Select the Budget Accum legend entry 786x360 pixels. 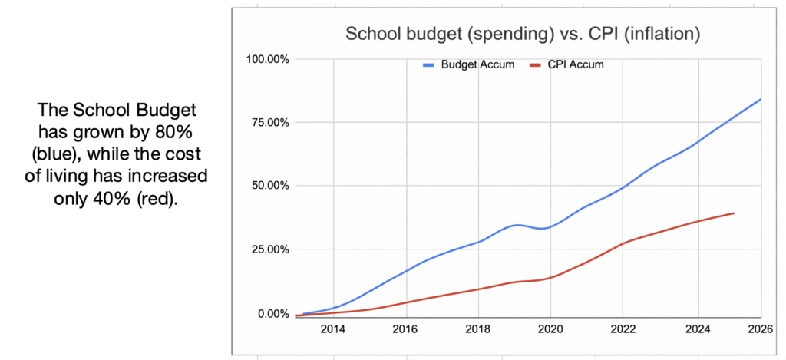tap(471, 64)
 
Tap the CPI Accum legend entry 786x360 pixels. tap(576, 64)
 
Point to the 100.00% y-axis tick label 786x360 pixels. tap(266, 59)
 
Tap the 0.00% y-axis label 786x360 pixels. tap(271, 313)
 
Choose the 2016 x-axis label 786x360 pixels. tap(405, 330)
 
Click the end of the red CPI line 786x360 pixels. tap(734, 213)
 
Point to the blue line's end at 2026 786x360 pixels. tap(760, 99)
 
